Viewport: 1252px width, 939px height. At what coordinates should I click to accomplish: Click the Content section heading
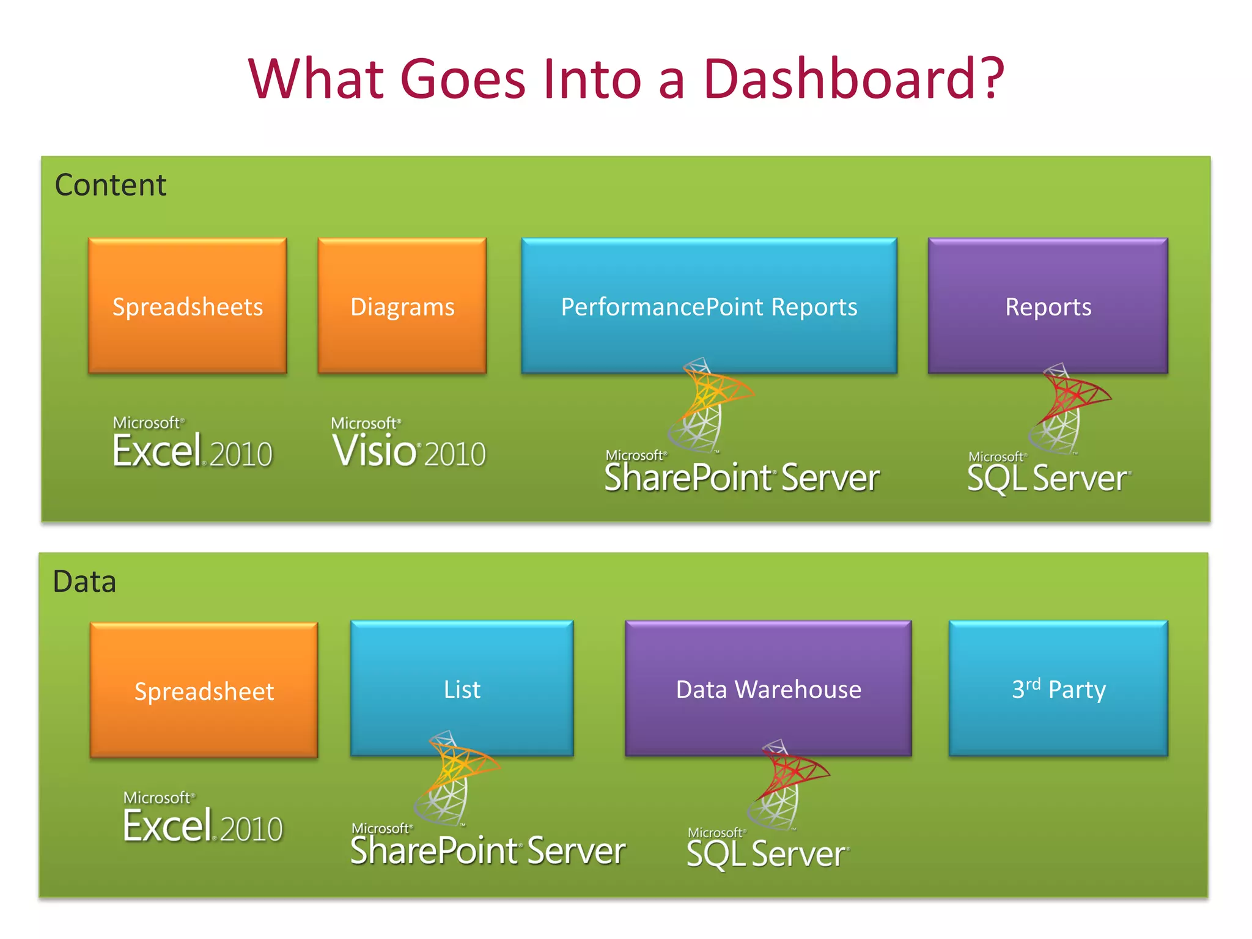pos(111,185)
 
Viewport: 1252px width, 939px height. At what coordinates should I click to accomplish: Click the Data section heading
pos(84,581)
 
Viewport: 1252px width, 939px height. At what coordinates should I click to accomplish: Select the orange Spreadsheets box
pos(188,306)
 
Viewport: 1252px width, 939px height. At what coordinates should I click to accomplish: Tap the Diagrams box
pos(402,306)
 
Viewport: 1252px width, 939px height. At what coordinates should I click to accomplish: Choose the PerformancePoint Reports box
pos(709,306)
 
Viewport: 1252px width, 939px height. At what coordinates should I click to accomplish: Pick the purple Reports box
pos(1048,306)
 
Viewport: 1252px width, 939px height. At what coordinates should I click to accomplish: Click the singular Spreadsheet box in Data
pos(204,690)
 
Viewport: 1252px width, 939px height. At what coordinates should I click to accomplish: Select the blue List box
pos(462,689)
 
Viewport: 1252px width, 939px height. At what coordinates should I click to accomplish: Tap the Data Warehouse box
pos(768,689)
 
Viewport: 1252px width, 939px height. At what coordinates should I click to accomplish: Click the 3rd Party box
pos(1058,689)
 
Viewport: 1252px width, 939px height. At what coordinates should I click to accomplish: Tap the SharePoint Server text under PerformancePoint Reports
pos(742,477)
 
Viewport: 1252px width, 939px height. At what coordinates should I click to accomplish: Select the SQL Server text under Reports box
pos(1048,478)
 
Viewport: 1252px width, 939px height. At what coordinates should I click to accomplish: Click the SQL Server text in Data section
pos(767,854)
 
